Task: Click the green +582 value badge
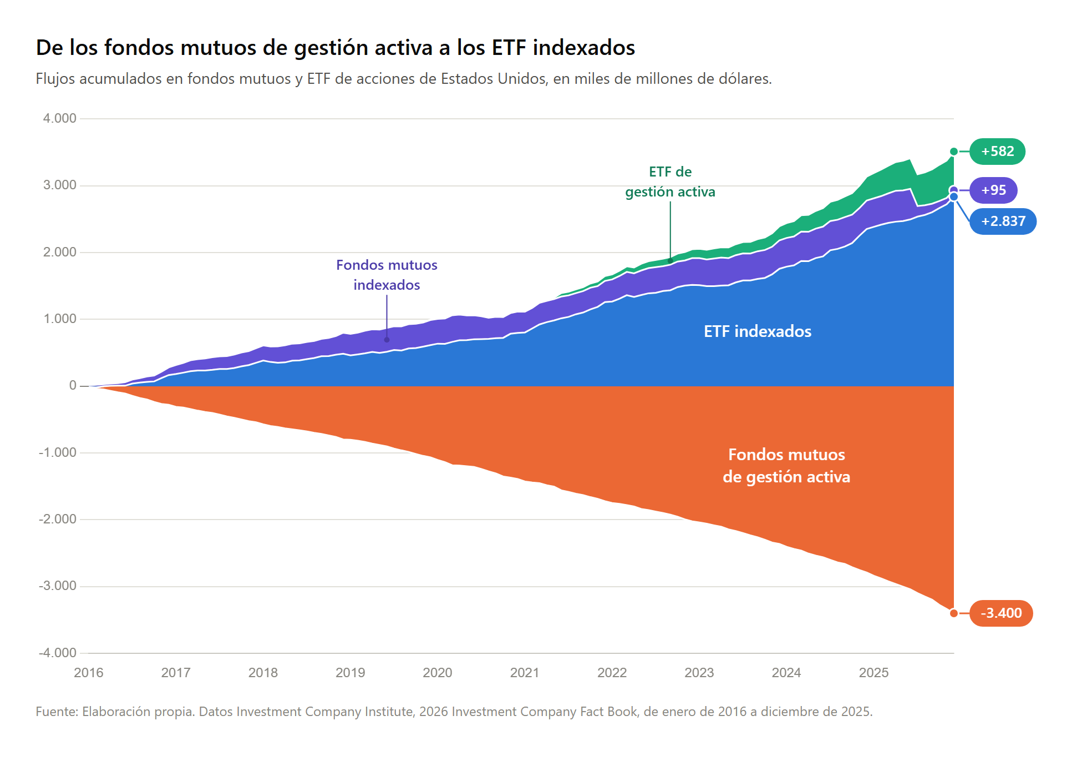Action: pos(997,152)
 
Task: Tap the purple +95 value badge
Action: pos(993,190)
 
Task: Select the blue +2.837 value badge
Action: pos(1003,221)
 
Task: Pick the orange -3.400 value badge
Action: pos(1001,613)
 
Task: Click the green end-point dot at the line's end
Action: pos(954,152)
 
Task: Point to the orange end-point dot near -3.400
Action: pos(954,613)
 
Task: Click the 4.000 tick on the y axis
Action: pos(60,118)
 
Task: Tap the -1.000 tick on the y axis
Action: pos(58,452)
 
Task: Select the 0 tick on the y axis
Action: pos(73,385)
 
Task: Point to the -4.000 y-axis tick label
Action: pos(58,653)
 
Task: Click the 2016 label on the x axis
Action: pos(89,673)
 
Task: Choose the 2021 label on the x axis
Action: pos(525,673)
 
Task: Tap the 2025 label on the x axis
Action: pos(873,673)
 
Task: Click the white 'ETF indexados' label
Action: pos(758,331)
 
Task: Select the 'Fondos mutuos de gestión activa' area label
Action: pos(786,466)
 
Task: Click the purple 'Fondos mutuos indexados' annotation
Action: pos(387,275)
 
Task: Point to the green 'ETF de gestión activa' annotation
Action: pos(670,182)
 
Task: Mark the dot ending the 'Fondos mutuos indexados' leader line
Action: pos(387,340)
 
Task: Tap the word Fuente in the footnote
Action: pos(57,712)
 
